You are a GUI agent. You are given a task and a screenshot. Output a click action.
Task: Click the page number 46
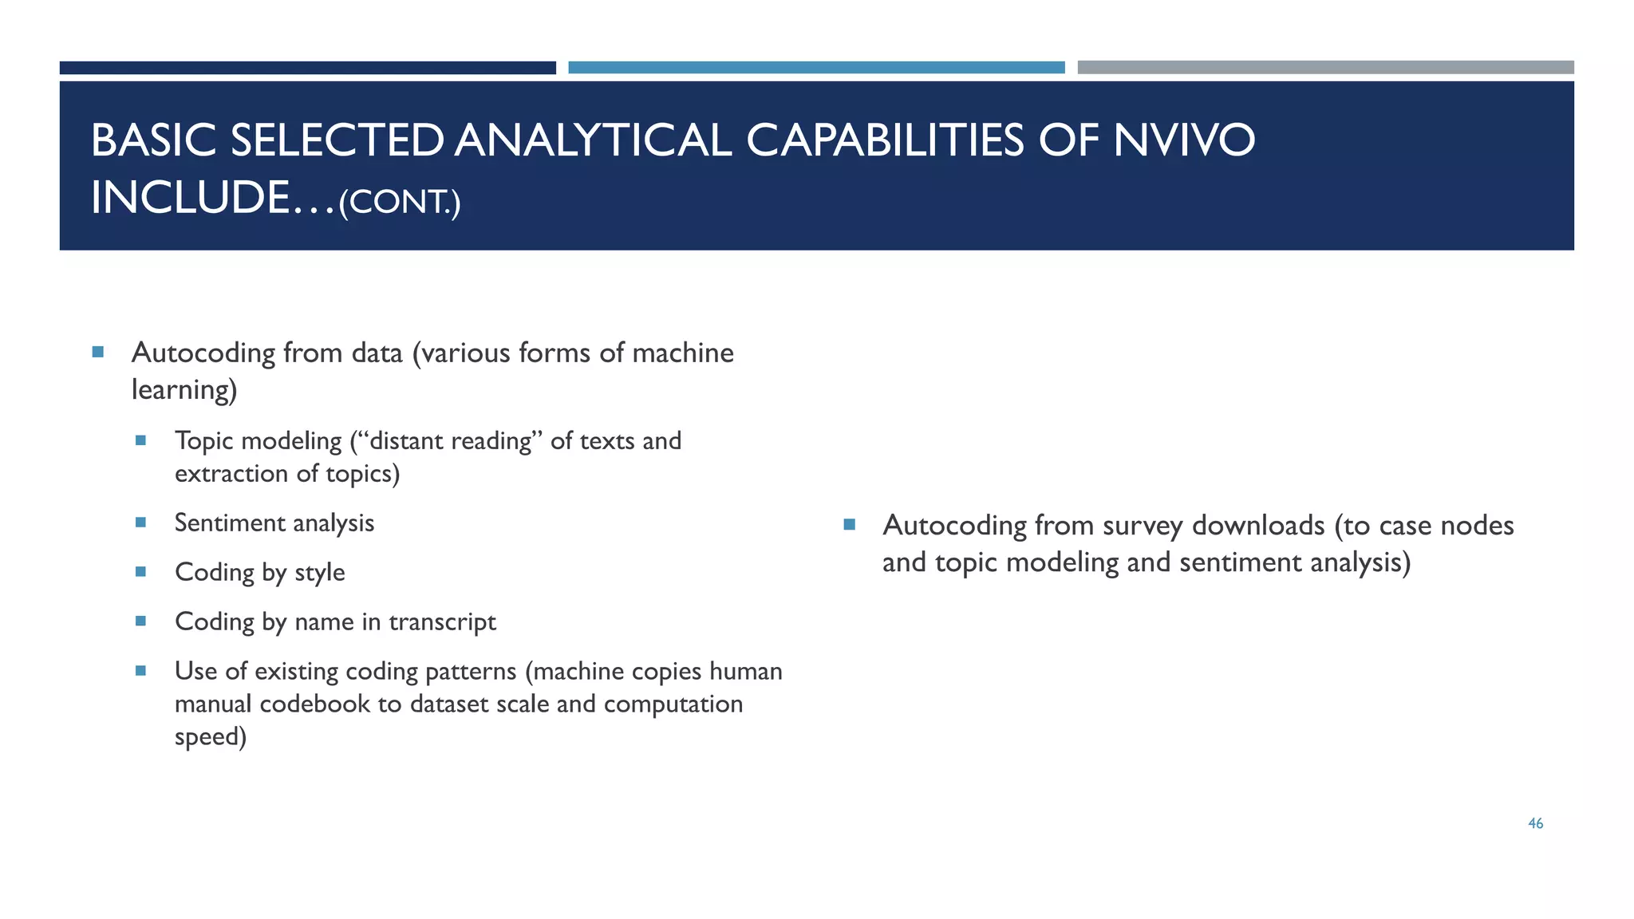1535,824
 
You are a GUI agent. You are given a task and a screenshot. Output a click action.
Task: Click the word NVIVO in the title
1184,140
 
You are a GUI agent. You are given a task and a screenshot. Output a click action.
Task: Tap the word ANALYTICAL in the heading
594,140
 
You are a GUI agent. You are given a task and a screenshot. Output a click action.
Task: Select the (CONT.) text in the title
400,202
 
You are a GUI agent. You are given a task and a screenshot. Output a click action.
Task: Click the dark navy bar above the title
307,68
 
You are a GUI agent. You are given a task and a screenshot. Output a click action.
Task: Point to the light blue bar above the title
816,68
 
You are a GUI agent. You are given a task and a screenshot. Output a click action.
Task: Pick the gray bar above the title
1325,68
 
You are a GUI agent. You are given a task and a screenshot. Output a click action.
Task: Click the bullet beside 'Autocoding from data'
98,352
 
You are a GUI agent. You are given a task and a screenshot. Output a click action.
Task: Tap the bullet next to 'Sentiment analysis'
141,523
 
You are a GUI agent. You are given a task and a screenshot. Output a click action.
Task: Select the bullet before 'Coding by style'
141,572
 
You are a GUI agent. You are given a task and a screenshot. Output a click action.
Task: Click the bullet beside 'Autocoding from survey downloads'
849,525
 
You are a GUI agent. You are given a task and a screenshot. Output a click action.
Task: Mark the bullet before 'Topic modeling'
141,440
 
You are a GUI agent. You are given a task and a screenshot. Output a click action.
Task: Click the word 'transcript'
442,621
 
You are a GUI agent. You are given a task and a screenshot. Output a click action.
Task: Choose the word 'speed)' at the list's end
211,736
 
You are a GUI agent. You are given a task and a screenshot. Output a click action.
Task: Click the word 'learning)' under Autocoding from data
184,390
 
